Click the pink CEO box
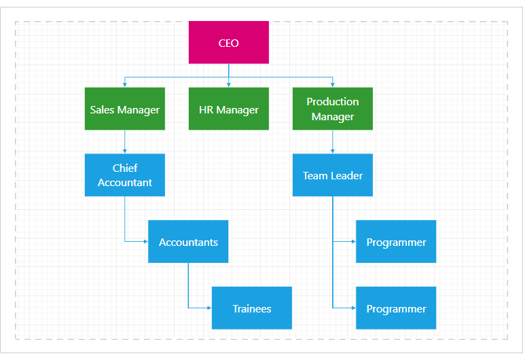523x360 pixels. coord(228,43)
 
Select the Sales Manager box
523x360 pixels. coord(124,109)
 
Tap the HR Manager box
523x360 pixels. coord(228,109)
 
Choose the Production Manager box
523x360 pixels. coord(332,109)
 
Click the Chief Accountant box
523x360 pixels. coord(124,175)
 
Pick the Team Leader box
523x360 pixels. coord(332,175)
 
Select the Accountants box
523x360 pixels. coord(188,242)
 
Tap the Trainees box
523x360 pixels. coord(251,308)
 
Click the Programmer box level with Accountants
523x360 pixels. coord(396,242)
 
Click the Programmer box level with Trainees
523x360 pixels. coord(396,308)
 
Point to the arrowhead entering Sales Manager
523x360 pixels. coord(124,85)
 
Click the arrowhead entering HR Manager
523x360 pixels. coord(228,85)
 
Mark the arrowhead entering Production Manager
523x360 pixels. coord(332,85)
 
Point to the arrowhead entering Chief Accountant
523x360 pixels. coord(124,151)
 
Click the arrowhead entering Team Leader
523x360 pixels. coord(332,151)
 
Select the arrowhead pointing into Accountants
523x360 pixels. coord(145,242)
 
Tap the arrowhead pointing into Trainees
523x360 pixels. coord(209,308)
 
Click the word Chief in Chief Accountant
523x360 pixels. coord(125,168)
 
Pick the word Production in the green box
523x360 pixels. coord(332,102)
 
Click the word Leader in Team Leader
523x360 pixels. coord(346,175)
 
